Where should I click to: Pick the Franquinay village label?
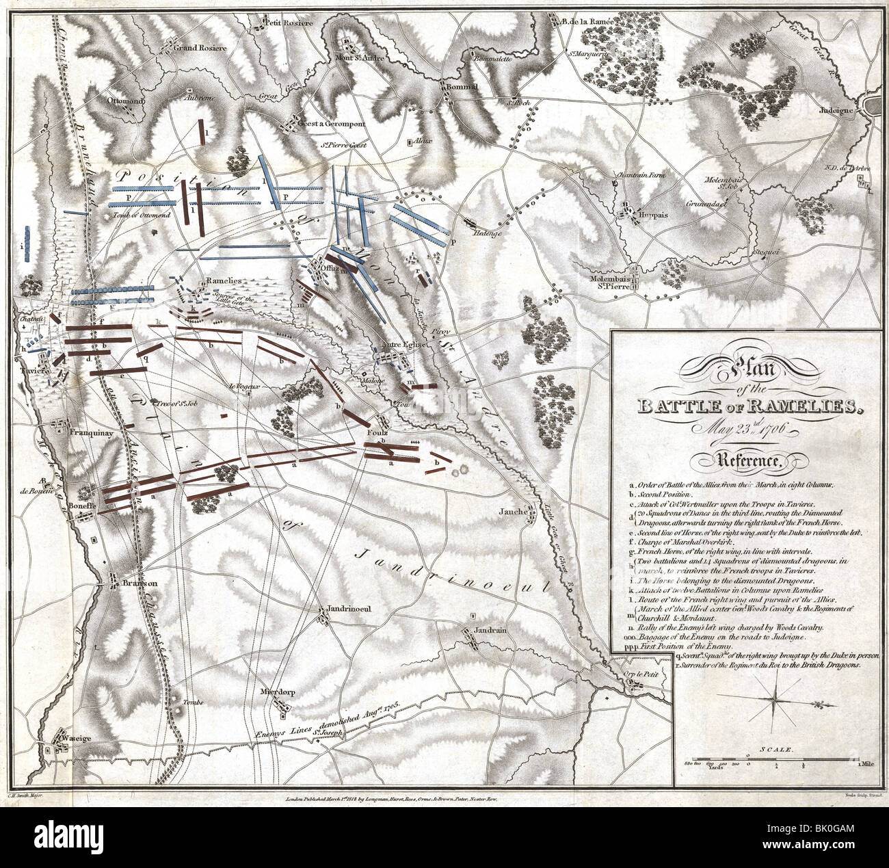(94, 433)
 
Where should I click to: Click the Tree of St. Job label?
(174, 402)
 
